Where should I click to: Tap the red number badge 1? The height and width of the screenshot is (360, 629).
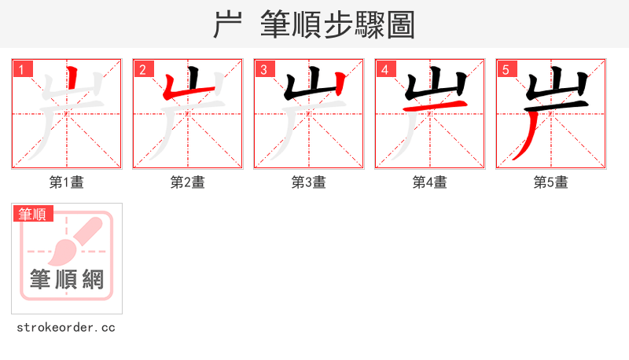[22, 70]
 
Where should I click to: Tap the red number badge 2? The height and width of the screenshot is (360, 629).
[143, 70]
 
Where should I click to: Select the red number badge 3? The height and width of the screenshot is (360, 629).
[264, 70]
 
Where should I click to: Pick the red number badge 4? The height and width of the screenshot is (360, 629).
[385, 70]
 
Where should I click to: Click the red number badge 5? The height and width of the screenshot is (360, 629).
[506, 70]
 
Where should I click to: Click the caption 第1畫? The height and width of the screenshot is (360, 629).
[67, 182]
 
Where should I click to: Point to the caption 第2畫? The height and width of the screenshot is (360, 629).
[188, 182]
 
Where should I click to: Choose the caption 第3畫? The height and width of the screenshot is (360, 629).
[309, 182]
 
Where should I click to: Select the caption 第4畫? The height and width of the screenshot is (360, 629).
[430, 182]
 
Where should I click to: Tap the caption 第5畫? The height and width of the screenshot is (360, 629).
[551, 182]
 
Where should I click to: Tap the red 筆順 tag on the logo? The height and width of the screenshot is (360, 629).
[33, 214]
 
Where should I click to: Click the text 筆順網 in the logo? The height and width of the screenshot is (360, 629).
[67, 279]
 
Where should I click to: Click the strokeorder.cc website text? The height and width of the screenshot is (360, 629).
[66, 327]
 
